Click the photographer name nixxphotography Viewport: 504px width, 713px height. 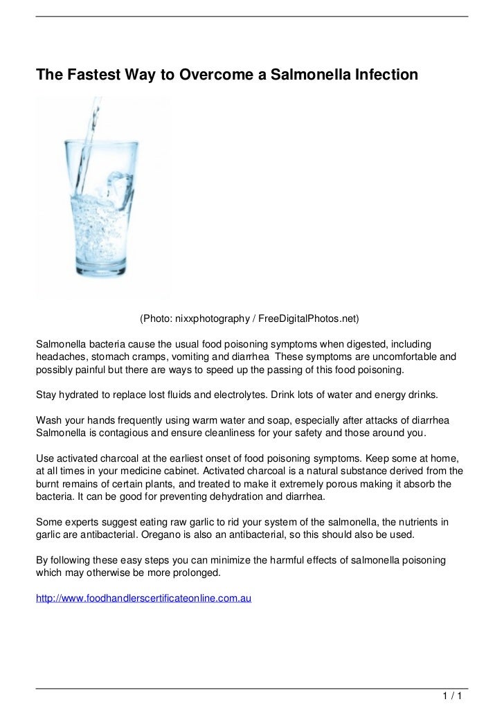[x=210, y=319]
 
